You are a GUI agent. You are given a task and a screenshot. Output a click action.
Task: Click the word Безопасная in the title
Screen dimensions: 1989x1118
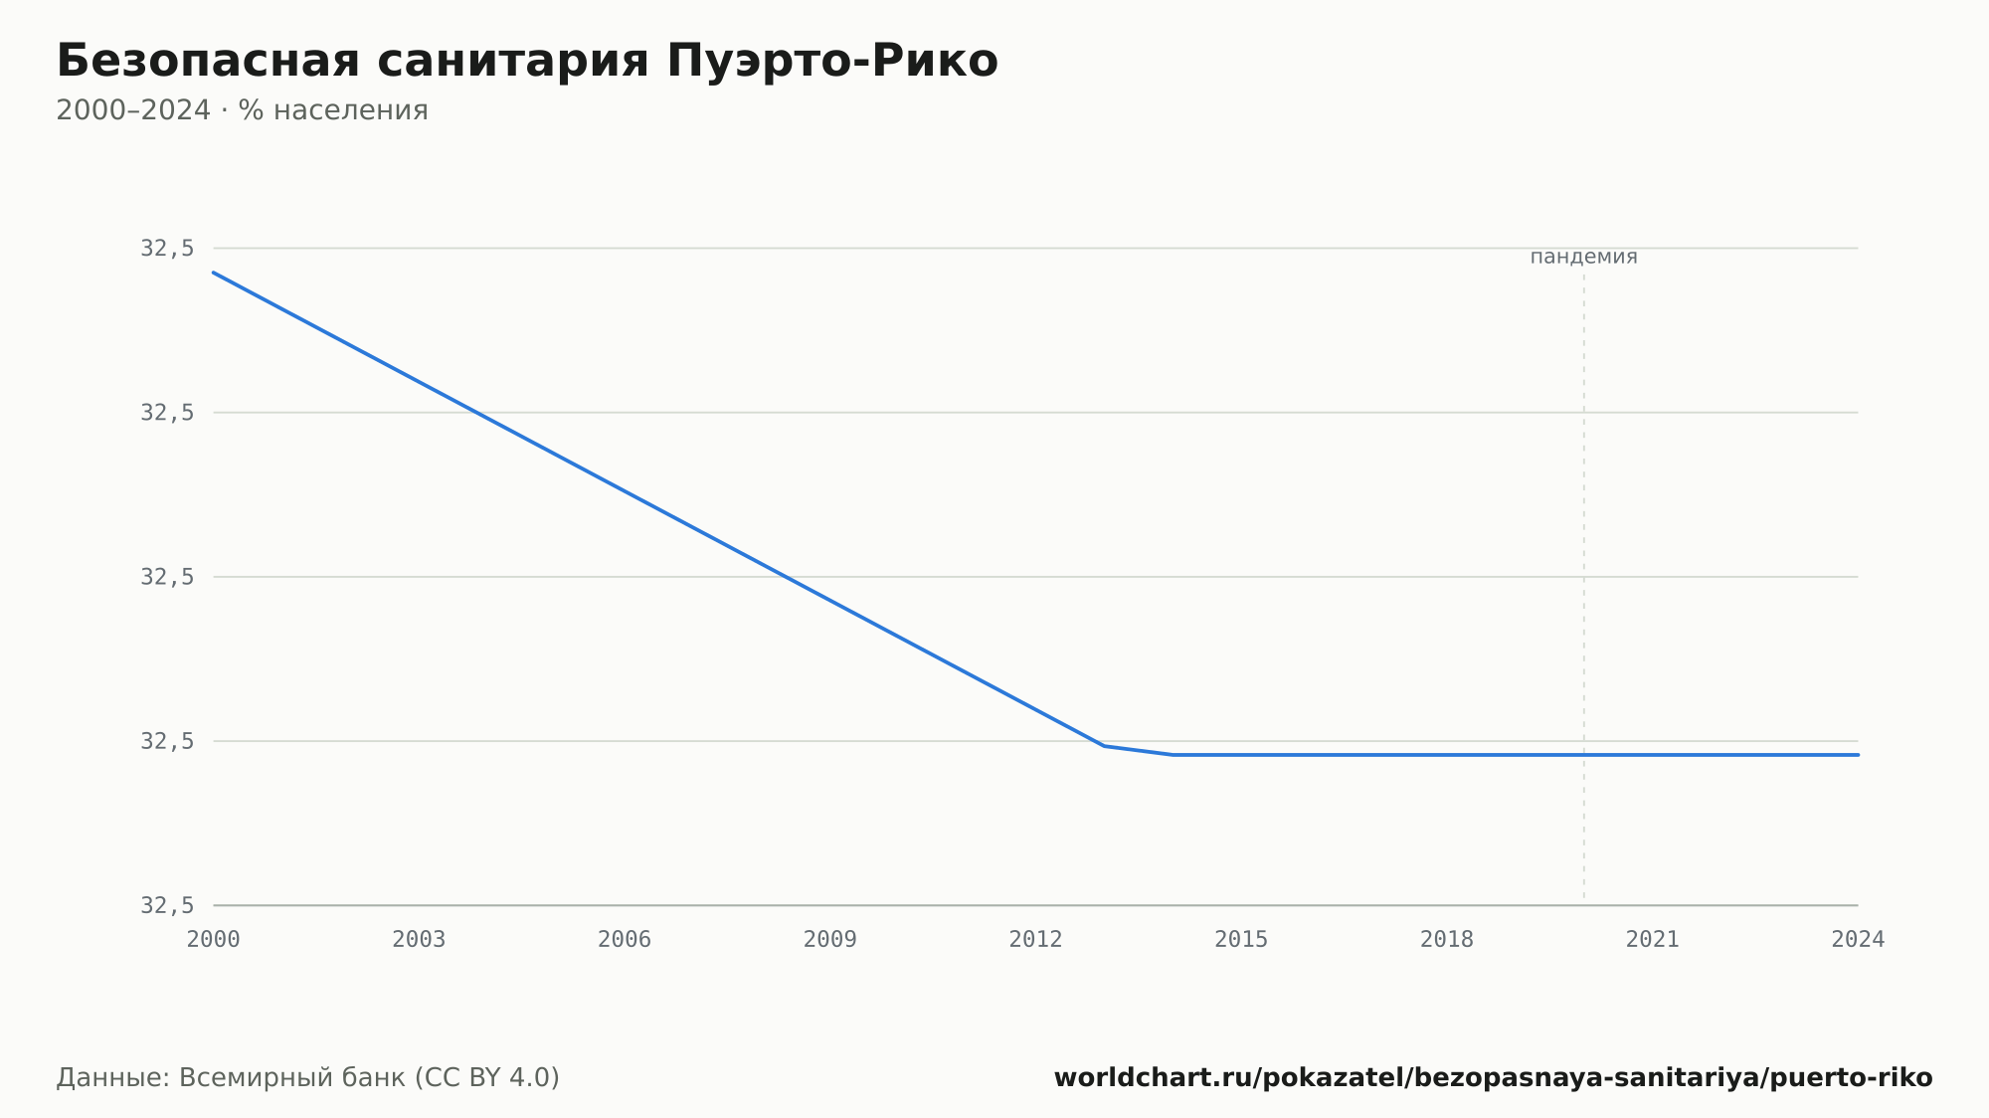[x=208, y=61]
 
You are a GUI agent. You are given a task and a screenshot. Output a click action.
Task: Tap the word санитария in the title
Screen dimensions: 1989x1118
[x=513, y=61]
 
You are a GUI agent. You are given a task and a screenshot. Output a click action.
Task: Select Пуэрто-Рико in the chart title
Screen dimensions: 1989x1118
[x=832, y=61]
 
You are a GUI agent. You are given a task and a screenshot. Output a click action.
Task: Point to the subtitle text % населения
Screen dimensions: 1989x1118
[x=333, y=110]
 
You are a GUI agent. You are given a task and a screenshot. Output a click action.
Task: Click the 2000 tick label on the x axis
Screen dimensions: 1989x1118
[x=214, y=940]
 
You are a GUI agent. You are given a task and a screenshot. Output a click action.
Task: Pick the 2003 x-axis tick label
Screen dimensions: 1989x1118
[x=419, y=940]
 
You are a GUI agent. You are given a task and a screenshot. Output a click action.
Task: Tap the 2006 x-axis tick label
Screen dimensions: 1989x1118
[x=625, y=940]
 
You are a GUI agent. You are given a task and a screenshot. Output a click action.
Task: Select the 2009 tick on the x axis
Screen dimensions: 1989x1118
[x=830, y=940]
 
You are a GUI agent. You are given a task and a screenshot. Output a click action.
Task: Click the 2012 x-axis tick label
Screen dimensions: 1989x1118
[x=1036, y=940]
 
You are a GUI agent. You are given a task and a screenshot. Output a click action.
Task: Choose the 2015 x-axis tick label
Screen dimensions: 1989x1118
[x=1241, y=940]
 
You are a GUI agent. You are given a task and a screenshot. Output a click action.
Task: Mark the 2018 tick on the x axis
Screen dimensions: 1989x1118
[x=1447, y=940]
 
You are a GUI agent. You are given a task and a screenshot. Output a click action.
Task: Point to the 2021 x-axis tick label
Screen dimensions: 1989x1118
[x=1653, y=940]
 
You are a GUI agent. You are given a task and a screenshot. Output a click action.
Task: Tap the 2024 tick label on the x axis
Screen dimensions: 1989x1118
[x=1858, y=940]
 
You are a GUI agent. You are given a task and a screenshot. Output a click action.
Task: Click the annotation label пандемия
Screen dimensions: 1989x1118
[x=1583, y=257]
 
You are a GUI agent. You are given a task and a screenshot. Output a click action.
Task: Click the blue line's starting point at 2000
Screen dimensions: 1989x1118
[x=214, y=273]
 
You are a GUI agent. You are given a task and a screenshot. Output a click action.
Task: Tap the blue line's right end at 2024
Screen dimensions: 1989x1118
[x=1858, y=755]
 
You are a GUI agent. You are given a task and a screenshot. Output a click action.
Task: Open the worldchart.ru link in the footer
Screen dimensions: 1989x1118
[x=1493, y=1077]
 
